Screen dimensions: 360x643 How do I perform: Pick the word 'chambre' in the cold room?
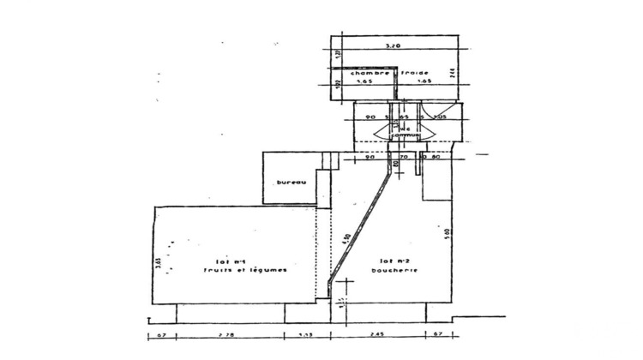pos(358,74)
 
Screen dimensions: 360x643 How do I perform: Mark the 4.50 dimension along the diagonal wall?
pos(346,238)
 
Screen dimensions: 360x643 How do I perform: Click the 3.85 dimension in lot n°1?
pos(159,262)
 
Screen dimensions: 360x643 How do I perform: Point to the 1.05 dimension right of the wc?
pos(442,117)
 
